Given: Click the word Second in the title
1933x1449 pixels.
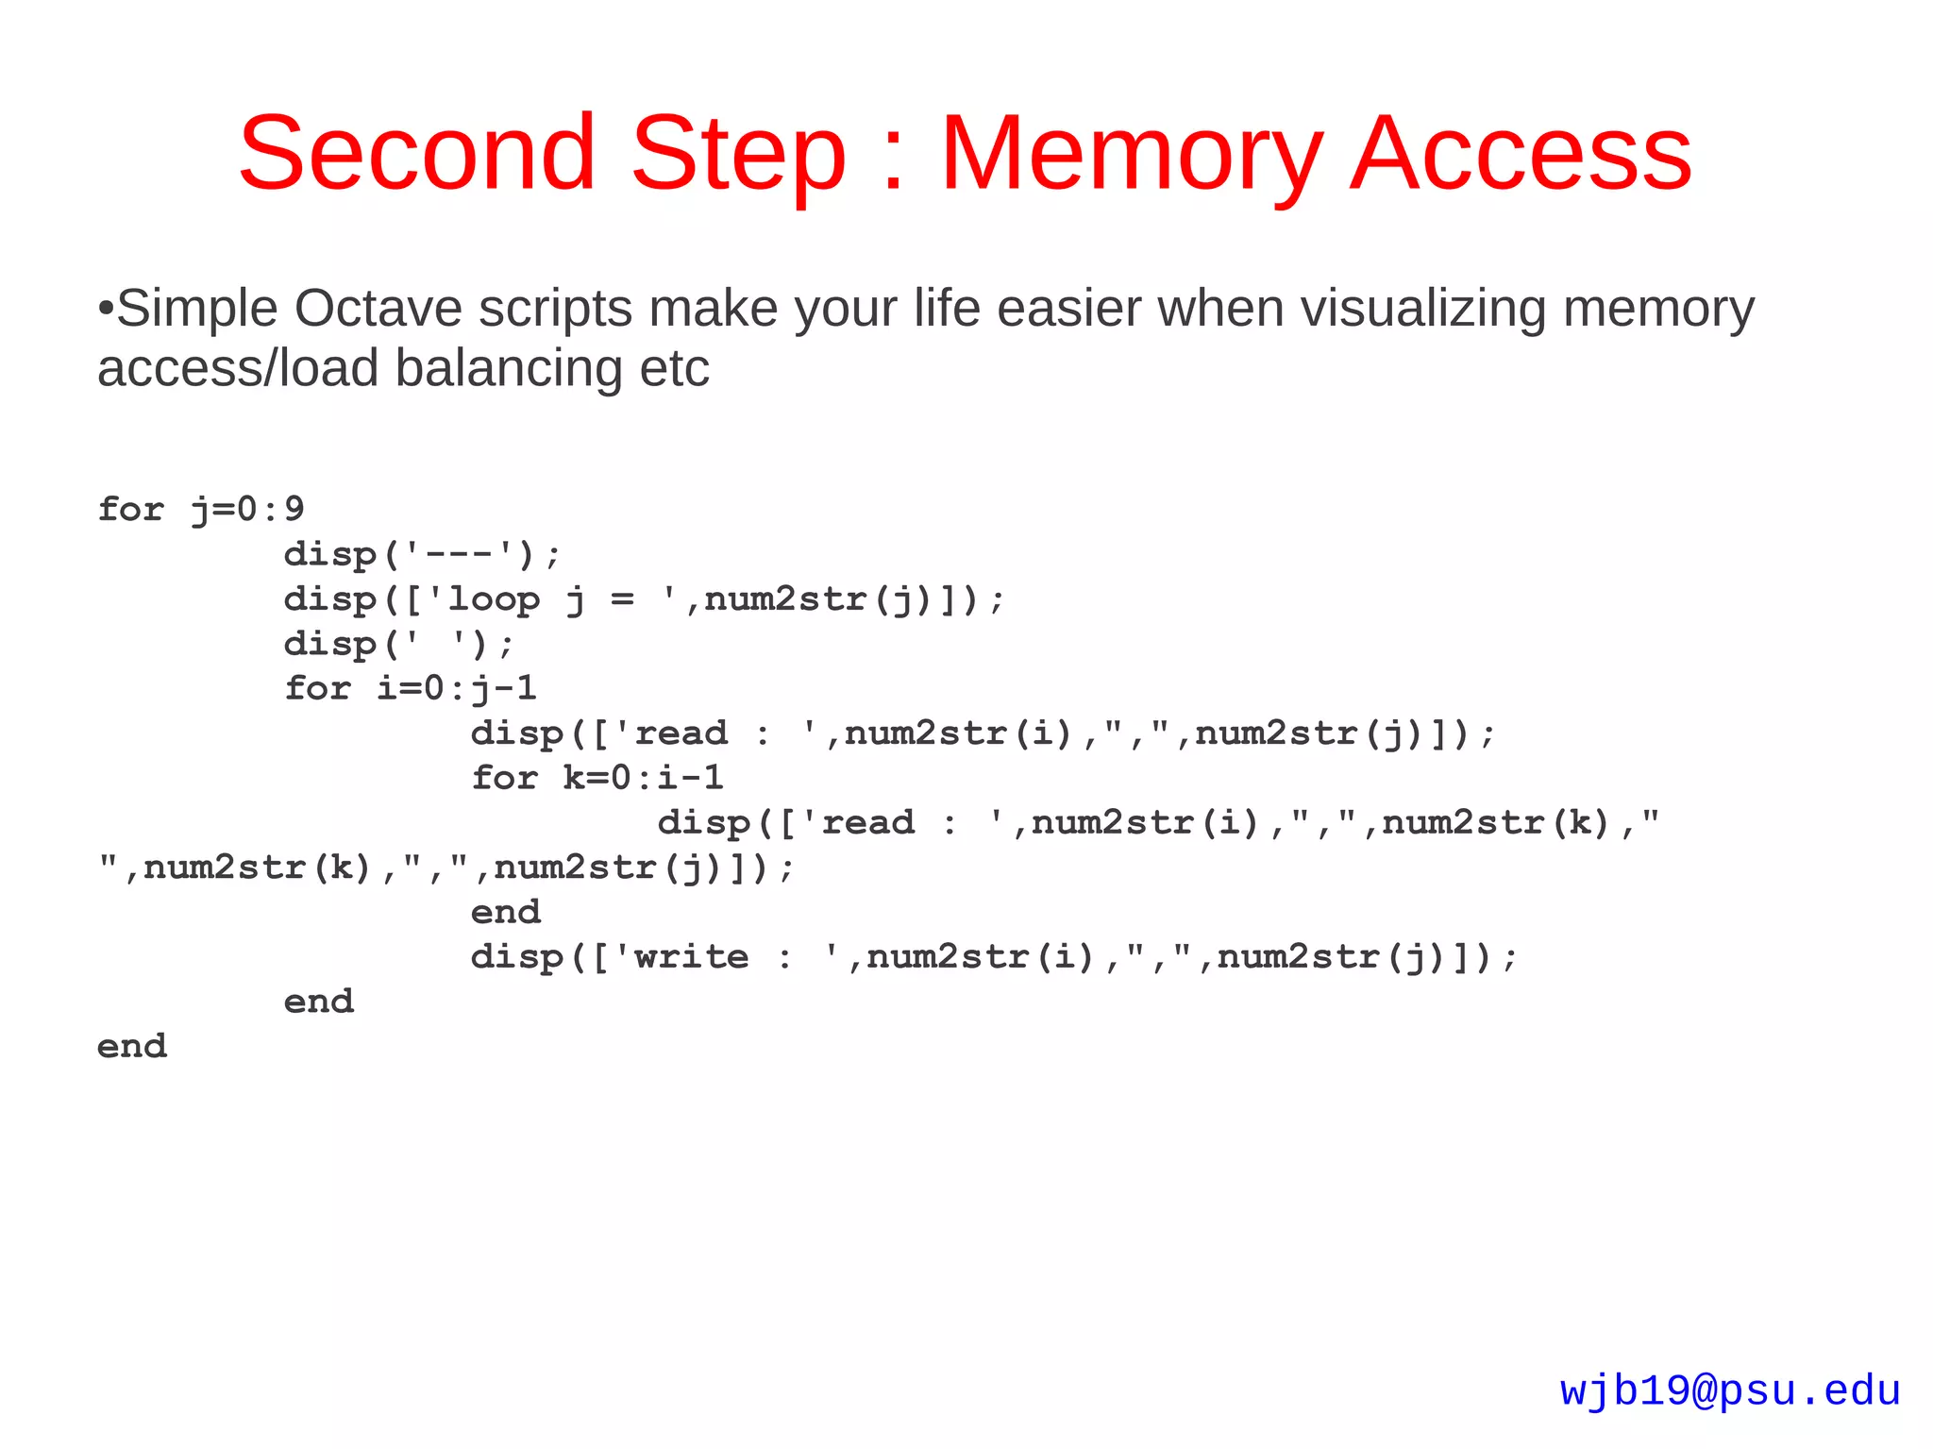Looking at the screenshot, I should [x=416, y=153].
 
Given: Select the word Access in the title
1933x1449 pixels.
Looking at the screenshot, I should [x=1521, y=153].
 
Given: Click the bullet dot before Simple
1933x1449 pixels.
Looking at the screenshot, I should [x=106, y=309].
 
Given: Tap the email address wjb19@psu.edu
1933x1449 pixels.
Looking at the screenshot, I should [x=1729, y=1391].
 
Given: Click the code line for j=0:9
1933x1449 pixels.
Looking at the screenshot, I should [x=201, y=510].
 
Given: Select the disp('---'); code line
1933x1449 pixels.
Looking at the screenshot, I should [x=422, y=554].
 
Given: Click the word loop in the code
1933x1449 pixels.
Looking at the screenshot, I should [x=494, y=599].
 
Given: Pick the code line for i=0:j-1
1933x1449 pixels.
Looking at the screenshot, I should [x=411, y=688].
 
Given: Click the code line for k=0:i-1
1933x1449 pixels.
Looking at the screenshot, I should [x=597, y=778].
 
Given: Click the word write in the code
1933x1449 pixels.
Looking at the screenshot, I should [x=691, y=957].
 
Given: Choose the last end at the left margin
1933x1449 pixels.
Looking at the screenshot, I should [x=132, y=1047].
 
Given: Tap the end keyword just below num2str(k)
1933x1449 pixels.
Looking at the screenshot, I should [x=506, y=913].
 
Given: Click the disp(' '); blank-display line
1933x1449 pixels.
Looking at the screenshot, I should [x=399, y=645].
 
